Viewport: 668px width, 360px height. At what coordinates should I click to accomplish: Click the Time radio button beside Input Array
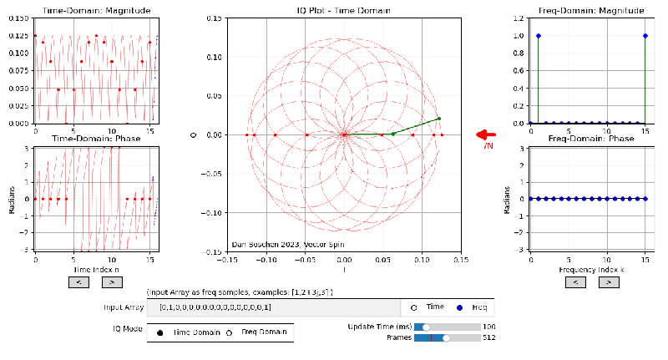(x=413, y=307)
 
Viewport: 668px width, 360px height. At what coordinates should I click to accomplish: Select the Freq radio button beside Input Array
(x=458, y=307)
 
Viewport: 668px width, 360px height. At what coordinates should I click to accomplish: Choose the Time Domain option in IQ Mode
(x=159, y=332)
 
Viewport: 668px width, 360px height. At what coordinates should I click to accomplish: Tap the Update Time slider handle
(x=427, y=327)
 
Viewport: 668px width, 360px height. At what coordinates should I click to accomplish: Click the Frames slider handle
(x=446, y=338)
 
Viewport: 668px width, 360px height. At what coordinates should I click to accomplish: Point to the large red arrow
(x=486, y=134)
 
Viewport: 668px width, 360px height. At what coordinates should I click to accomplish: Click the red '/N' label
(x=489, y=147)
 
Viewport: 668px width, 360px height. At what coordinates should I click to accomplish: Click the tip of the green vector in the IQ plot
(x=438, y=118)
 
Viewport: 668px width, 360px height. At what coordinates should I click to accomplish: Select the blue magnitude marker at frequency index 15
(x=645, y=35)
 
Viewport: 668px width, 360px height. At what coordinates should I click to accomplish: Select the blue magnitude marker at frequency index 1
(x=539, y=35)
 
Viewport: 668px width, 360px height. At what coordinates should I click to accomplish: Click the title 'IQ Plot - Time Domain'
(x=343, y=10)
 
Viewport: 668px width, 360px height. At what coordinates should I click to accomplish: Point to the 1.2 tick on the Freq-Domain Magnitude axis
(x=520, y=18)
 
